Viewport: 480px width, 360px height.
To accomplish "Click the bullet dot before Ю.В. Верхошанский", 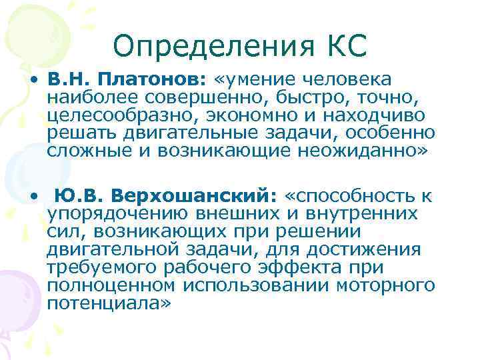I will click(32, 198).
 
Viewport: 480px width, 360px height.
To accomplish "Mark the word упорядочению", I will click(119, 215).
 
